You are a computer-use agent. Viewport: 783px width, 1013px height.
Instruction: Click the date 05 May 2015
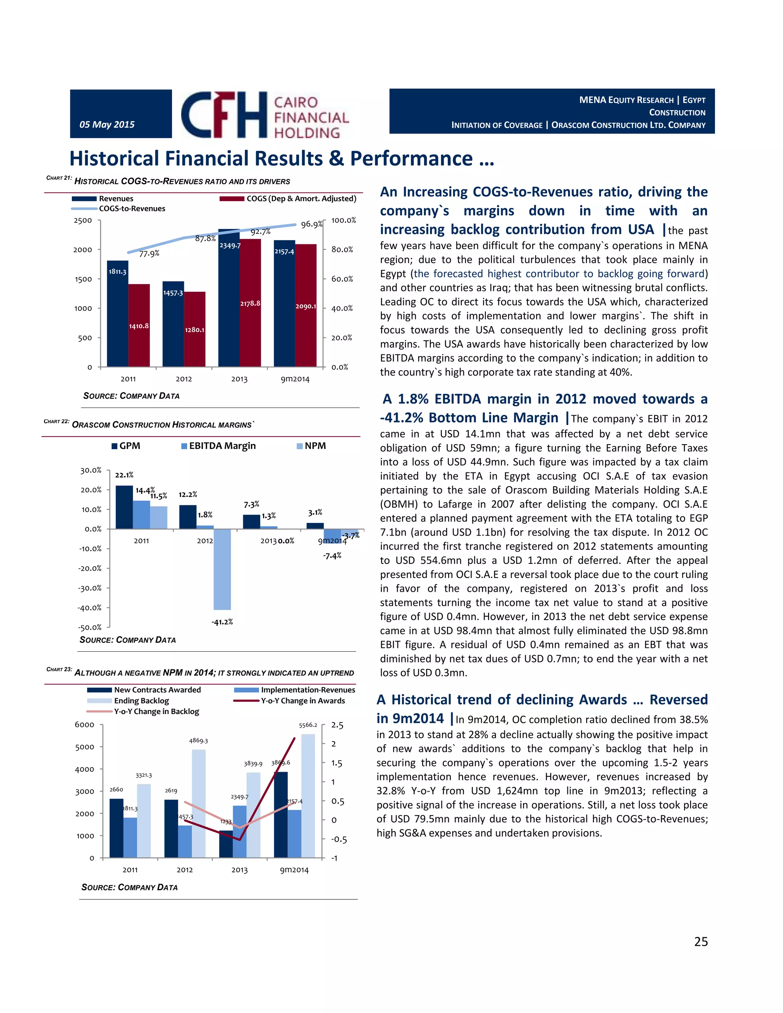click(107, 124)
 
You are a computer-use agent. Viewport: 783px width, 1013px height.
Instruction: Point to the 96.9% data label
click(311, 224)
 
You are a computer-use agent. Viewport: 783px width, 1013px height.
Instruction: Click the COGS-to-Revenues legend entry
click(132, 209)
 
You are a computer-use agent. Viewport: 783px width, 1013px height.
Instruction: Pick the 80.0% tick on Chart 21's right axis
click(342, 250)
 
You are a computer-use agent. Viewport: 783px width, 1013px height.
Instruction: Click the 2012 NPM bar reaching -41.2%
click(222, 569)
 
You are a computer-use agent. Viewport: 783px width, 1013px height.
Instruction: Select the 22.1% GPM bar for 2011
click(124, 507)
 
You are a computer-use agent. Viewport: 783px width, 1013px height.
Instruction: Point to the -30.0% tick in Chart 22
click(89, 588)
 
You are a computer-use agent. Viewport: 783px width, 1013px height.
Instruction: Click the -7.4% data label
click(332, 556)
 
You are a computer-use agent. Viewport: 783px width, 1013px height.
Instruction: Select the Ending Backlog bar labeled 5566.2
click(308, 795)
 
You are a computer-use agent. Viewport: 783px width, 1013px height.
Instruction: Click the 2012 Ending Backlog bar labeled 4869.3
click(198, 803)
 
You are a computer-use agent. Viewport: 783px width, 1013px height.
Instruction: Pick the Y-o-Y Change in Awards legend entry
click(302, 701)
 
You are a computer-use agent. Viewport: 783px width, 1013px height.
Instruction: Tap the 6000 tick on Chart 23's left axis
click(84, 725)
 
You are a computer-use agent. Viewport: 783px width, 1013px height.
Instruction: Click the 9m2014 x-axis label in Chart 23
click(294, 870)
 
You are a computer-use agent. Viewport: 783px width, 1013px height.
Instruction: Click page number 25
click(700, 942)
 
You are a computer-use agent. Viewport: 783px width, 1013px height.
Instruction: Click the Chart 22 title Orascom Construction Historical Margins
click(163, 425)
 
